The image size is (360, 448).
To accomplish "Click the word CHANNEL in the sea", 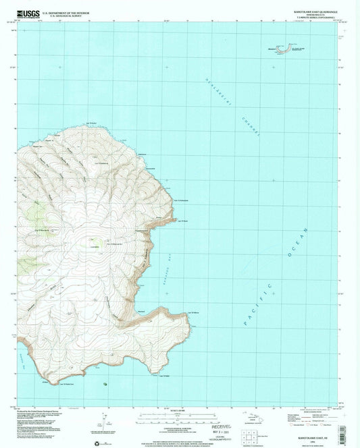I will pyautogui.click(x=249, y=128).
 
